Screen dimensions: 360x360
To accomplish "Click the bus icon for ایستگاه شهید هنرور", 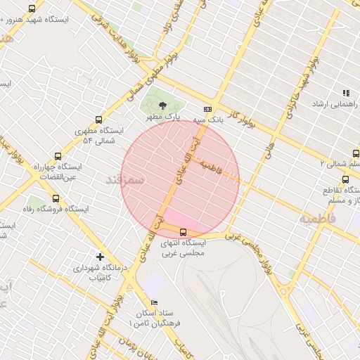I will coord(32,8).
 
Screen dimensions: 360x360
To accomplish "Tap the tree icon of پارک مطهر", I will coord(163,104).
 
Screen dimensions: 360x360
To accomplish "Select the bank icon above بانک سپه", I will coord(207,109).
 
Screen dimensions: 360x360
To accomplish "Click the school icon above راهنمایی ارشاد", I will coord(345,93).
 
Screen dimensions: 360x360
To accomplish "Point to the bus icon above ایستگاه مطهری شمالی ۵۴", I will coord(98,120).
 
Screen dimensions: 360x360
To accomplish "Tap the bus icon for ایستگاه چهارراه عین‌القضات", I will coord(58,156).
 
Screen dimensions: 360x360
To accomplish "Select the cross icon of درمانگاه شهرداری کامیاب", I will coord(100,257).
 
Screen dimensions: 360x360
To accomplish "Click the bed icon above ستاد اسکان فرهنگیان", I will coord(155,302).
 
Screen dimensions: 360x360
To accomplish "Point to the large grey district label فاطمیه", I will coord(317,219).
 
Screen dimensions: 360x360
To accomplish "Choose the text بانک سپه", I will coord(210,120).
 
